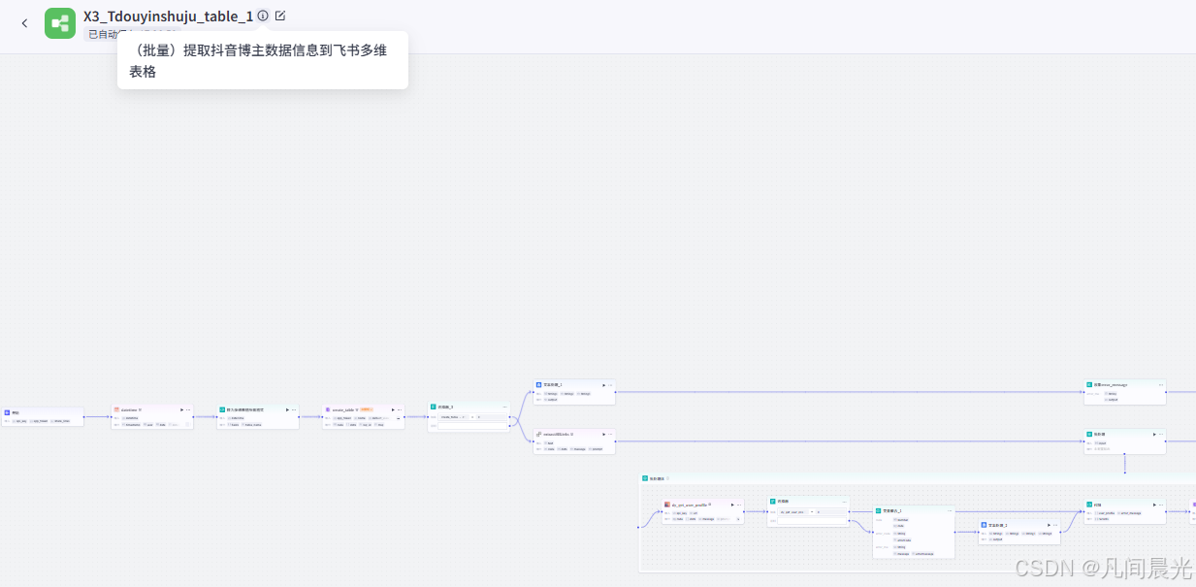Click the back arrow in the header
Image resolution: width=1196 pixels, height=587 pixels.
tap(24, 23)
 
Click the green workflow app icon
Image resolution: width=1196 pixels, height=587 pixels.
tap(60, 23)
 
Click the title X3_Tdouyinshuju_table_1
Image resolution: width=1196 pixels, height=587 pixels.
tap(168, 16)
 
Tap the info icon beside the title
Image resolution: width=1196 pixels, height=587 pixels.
tap(263, 16)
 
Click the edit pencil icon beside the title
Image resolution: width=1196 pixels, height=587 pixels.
tap(280, 16)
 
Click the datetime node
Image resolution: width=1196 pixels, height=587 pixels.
tap(151, 416)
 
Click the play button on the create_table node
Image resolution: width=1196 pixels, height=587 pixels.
tap(393, 409)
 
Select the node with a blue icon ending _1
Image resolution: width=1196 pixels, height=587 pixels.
tap(573, 391)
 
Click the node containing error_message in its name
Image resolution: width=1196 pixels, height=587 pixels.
tap(1124, 391)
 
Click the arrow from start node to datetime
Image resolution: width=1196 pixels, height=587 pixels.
tap(97, 417)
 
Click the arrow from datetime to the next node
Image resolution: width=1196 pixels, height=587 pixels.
tap(205, 417)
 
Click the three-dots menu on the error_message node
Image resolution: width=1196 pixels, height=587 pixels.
tap(1160, 384)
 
